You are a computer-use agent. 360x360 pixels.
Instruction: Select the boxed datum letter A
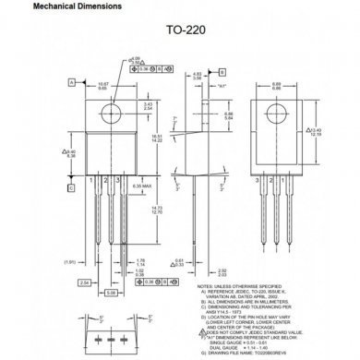tap(69, 81)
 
